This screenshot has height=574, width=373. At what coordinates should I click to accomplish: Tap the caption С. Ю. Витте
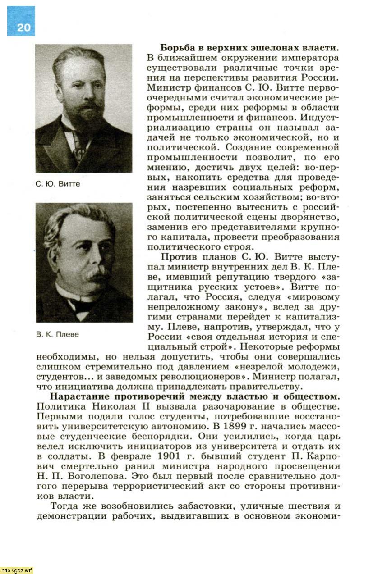57,184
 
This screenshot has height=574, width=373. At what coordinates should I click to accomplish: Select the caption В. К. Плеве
57,334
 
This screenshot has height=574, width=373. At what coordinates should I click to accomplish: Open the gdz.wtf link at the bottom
17,570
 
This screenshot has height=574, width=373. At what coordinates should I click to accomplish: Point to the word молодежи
314,367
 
